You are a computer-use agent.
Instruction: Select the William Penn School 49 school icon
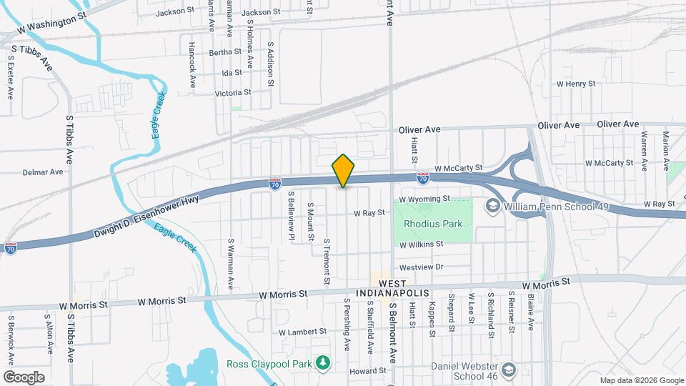[x=492, y=206]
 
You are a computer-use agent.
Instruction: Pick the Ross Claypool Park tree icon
[x=323, y=363]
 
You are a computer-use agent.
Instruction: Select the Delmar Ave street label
[x=43, y=172]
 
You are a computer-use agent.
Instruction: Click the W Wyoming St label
[x=424, y=199]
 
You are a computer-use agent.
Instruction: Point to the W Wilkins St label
[x=421, y=244]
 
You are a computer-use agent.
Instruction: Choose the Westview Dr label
[x=422, y=267]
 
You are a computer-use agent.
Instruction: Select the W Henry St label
[x=576, y=84]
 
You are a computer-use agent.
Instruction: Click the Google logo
[x=24, y=377]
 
